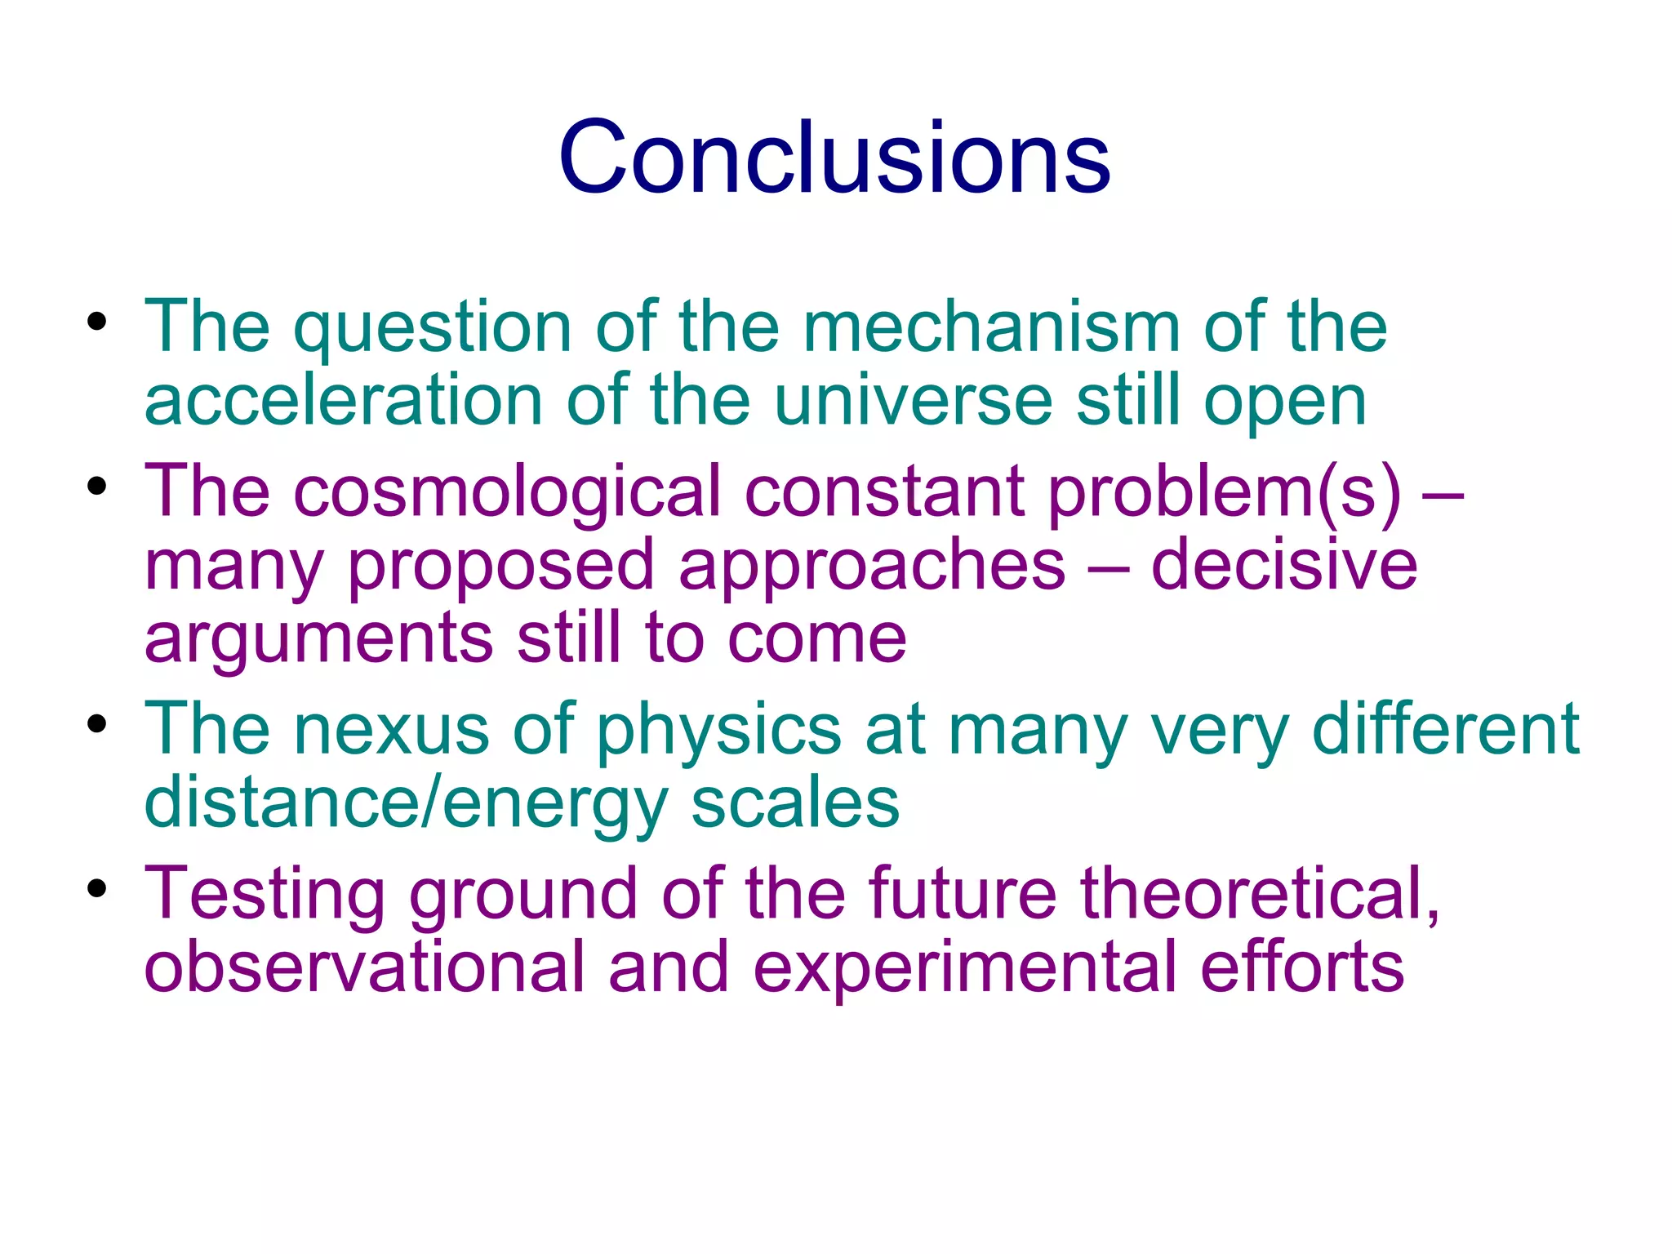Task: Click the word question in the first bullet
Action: [x=433, y=328]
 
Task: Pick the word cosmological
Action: [x=507, y=493]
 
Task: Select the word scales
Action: [x=795, y=803]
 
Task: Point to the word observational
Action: [x=364, y=967]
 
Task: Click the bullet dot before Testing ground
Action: [x=97, y=888]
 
